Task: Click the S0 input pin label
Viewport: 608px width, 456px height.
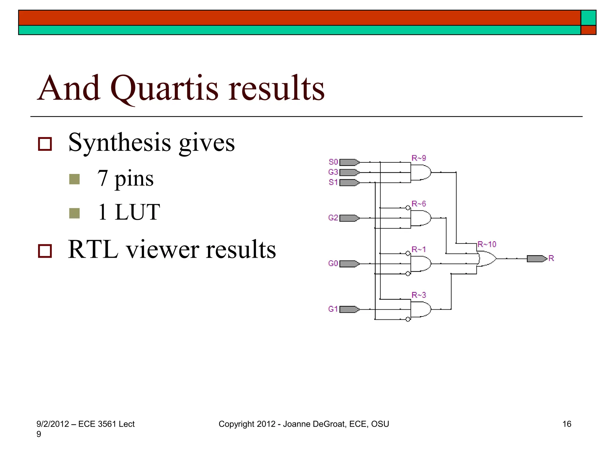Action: tap(333, 162)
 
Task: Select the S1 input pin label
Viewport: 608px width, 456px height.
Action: tap(333, 182)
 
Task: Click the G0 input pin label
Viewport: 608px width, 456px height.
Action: tap(333, 263)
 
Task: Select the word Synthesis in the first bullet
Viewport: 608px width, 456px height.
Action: tap(120, 143)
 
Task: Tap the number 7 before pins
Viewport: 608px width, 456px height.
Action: tap(102, 178)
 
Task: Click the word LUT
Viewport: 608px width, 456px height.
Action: tap(137, 212)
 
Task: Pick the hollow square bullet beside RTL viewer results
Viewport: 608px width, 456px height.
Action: tap(45, 251)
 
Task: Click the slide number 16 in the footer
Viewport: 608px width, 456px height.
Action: tap(567, 424)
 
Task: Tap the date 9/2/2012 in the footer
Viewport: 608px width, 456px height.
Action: tap(53, 424)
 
